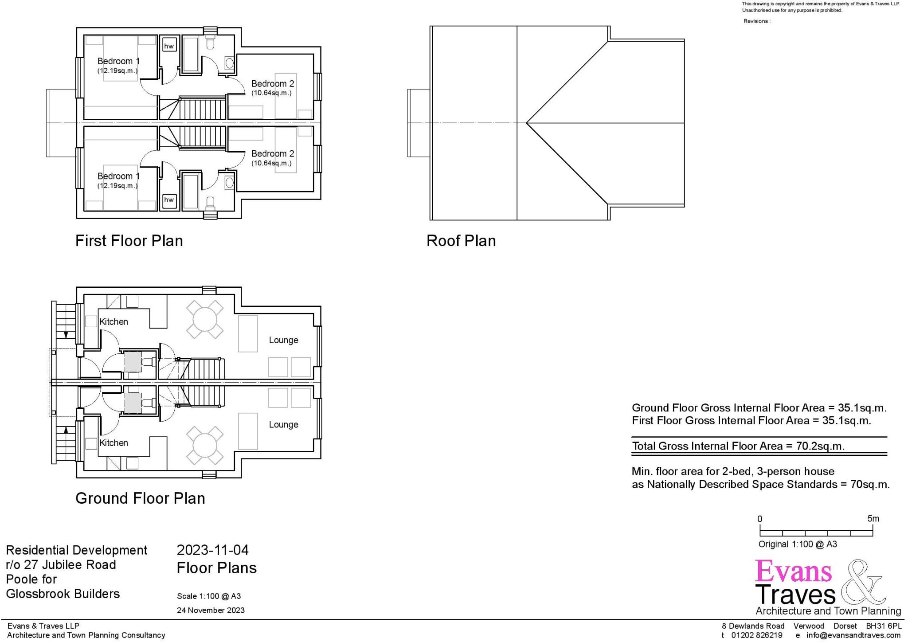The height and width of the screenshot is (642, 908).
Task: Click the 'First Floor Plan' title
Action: click(129, 241)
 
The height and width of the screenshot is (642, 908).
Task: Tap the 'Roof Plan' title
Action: click(461, 241)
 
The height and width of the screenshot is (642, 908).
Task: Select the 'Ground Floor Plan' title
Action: click(140, 498)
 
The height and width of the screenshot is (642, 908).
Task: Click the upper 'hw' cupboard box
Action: click(169, 46)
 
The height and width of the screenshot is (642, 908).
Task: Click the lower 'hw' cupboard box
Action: click(169, 200)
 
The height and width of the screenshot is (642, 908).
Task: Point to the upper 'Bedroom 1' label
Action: click(118, 61)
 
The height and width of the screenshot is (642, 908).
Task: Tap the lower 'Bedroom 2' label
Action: click(273, 154)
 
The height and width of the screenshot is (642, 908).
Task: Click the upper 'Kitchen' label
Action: click(113, 322)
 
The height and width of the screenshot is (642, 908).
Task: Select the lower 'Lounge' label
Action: click(283, 425)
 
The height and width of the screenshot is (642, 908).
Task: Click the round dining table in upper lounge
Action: click(205, 319)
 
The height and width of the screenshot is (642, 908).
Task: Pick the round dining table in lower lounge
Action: click(205, 445)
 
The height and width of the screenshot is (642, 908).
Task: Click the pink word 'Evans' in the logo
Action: click(793, 572)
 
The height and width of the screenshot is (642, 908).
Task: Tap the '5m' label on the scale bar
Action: click(873, 519)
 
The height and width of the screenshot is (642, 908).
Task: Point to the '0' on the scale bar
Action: click(760, 519)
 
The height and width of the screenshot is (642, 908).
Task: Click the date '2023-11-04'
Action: click(213, 550)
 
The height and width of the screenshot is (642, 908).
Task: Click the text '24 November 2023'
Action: click(211, 610)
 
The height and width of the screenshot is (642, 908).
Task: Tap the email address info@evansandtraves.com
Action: click(853, 635)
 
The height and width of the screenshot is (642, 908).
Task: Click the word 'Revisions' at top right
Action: click(756, 21)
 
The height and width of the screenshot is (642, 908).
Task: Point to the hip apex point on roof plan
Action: click(526, 123)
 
